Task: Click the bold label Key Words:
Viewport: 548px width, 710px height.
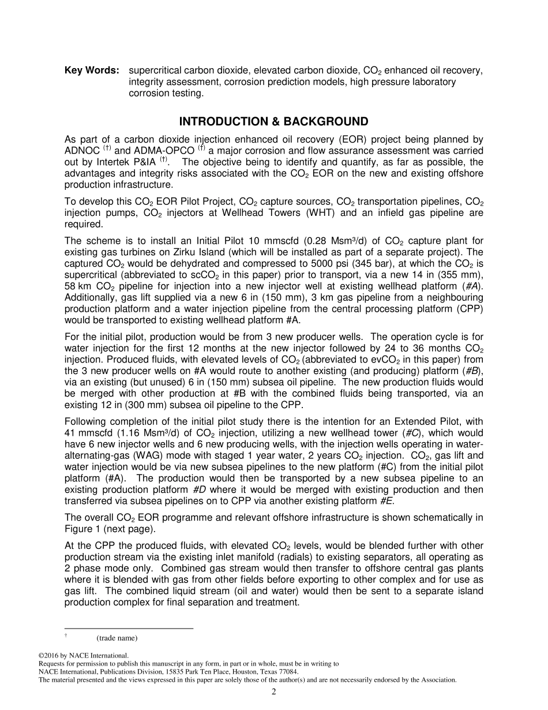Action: [x=92, y=70]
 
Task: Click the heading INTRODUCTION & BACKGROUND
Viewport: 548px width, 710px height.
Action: [x=273, y=122]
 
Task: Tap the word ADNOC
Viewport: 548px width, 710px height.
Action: [x=81, y=151]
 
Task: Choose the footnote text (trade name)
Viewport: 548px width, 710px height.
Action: [x=117, y=638]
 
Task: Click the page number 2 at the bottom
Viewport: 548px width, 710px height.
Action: [x=274, y=692]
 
